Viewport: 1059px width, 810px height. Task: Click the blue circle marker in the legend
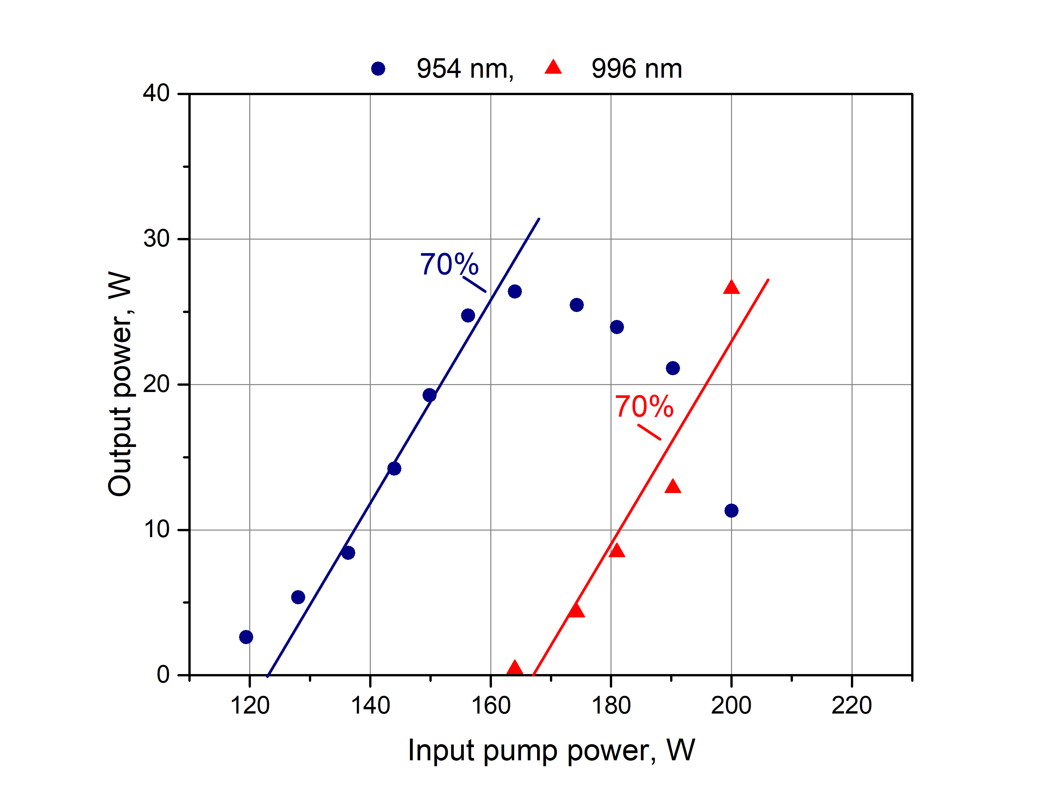[x=378, y=69]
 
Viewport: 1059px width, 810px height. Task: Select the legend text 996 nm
[x=637, y=69]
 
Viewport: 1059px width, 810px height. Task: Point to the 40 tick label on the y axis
[x=156, y=93]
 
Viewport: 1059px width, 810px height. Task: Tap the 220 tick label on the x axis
[x=852, y=705]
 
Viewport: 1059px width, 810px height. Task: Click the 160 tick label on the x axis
[x=490, y=705]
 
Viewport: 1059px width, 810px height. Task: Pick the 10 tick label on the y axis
[x=156, y=529]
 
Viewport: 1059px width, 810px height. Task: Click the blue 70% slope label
[x=449, y=264]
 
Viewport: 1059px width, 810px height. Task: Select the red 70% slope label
[x=644, y=406]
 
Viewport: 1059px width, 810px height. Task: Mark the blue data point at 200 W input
[x=731, y=510]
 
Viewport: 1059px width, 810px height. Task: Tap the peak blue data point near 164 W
[x=515, y=291]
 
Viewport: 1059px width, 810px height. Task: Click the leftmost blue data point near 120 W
[x=246, y=637]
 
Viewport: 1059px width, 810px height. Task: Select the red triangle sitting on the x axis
[x=515, y=668]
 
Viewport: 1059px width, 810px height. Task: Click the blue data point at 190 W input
[x=673, y=368]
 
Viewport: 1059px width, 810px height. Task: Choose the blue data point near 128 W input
[x=298, y=597]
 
